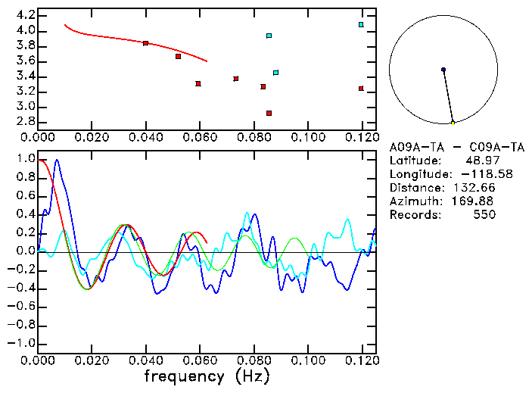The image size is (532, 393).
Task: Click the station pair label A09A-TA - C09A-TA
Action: tap(456, 147)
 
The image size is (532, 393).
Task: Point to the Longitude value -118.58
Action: tap(477, 174)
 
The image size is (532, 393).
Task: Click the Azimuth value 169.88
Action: tap(476, 201)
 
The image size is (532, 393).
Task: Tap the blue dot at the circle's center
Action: tap(443, 70)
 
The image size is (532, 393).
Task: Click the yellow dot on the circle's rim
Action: tap(453, 123)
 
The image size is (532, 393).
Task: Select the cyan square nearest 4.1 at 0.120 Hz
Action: tap(361, 24)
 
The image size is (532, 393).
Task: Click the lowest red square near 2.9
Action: tap(269, 113)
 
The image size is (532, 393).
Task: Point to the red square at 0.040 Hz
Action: tap(145, 43)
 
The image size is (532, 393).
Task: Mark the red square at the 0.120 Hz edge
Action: tap(361, 88)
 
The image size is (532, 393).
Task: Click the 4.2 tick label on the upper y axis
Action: tap(25, 15)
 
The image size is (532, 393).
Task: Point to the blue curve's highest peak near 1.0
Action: tap(56, 161)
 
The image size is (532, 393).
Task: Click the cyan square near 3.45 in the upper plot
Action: tap(275, 73)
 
